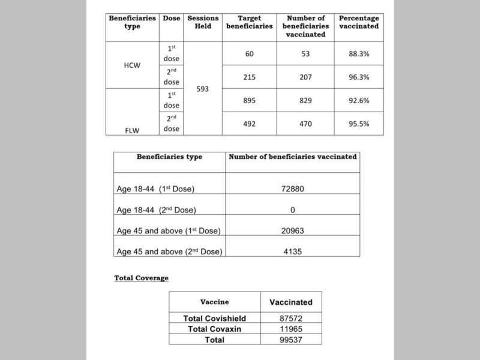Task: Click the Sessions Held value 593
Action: [x=203, y=89]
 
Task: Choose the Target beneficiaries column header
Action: [x=249, y=22]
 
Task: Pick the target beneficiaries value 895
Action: [x=249, y=101]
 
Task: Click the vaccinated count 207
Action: [x=307, y=77]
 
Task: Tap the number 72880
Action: [x=293, y=188]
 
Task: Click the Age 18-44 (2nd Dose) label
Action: [x=157, y=209]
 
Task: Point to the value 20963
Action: [x=293, y=231]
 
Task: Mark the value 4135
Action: [x=293, y=251]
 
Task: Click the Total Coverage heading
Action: [x=142, y=278]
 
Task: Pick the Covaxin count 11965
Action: [x=291, y=329]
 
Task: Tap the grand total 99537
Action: [x=291, y=340]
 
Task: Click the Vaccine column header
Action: [x=215, y=302]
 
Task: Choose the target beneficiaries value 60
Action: [x=249, y=54]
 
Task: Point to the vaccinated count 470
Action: [x=307, y=124]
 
